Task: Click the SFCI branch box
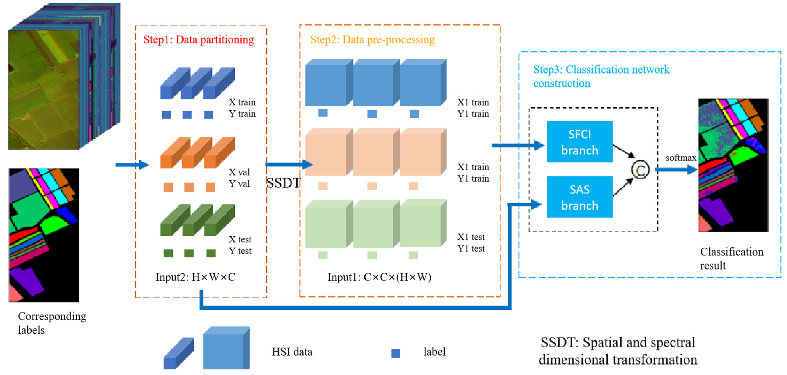[x=579, y=142]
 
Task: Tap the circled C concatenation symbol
[x=640, y=170]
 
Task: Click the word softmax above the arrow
[x=681, y=158]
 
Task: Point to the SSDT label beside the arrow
[x=283, y=183]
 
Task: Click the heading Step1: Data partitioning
[x=199, y=40]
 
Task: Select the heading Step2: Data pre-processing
[x=372, y=40]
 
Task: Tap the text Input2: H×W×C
[x=196, y=277]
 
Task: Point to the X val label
[x=239, y=172]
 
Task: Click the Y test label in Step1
[x=240, y=251]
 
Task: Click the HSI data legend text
[x=292, y=352]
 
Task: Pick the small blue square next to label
[x=395, y=353]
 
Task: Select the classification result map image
[x=733, y=165]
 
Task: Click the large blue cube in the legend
[x=226, y=348]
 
